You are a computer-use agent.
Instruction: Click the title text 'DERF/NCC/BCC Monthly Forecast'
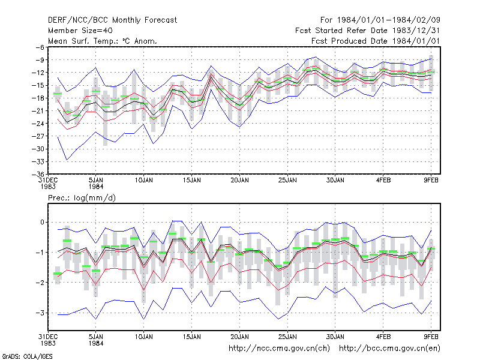click(x=112, y=20)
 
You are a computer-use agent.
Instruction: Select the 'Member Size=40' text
click(x=80, y=31)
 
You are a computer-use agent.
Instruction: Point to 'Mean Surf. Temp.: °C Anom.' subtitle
click(x=102, y=41)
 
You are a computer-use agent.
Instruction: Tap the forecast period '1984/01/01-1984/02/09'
click(x=388, y=20)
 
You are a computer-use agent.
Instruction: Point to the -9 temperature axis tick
click(x=40, y=59)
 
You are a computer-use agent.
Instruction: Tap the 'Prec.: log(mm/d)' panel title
click(x=82, y=198)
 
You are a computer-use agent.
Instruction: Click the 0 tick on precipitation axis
click(x=42, y=222)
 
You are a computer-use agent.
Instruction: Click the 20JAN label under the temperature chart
click(x=239, y=181)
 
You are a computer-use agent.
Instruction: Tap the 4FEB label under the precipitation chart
click(x=383, y=337)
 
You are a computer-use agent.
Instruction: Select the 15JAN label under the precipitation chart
click(x=192, y=337)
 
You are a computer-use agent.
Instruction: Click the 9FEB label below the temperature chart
click(x=431, y=181)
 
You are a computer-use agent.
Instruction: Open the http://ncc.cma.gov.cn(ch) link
click(x=279, y=349)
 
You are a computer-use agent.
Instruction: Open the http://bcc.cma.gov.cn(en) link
click(x=389, y=349)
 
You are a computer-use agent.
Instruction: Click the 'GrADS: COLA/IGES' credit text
click(x=27, y=356)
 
